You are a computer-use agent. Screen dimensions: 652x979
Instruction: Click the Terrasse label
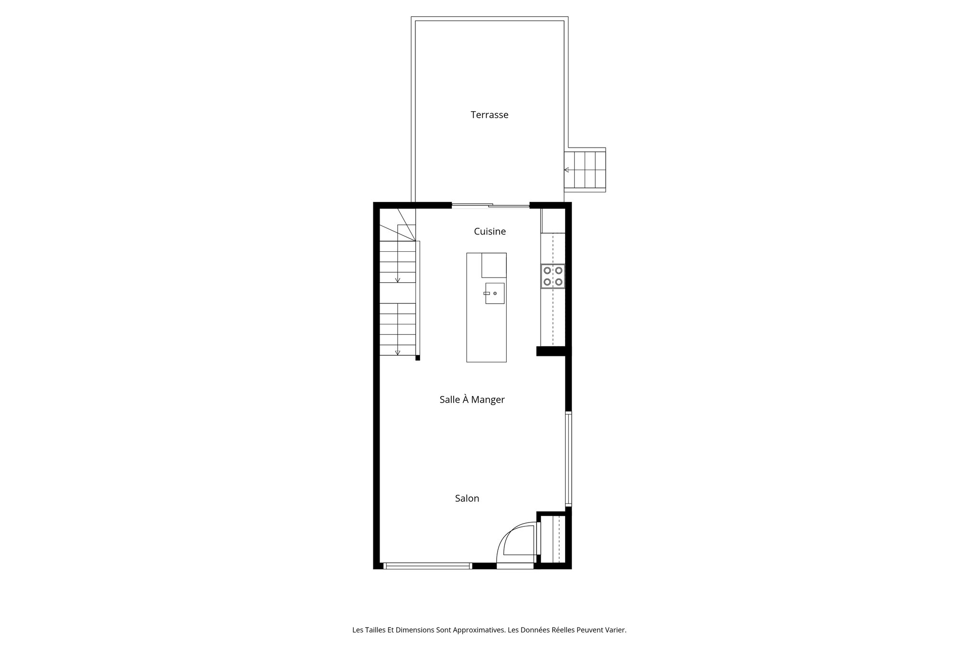489,115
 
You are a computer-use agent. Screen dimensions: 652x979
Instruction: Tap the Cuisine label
489,231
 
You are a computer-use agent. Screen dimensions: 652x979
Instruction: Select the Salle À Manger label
472,399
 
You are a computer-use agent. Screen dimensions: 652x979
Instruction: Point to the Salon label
467,498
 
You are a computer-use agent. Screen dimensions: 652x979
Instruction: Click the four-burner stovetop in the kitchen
553,276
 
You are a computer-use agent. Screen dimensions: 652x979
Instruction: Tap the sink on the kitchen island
495,293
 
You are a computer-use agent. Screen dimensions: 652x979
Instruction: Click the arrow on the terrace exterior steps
566,170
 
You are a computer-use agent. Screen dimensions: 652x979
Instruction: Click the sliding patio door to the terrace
490,206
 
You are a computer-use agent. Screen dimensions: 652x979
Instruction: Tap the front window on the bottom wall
428,566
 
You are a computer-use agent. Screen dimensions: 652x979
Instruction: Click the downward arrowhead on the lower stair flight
397,353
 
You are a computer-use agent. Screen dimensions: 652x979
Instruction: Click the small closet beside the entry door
553,540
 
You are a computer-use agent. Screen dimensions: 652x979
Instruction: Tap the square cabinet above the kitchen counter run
553,221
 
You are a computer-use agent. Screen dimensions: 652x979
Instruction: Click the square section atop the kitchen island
494,265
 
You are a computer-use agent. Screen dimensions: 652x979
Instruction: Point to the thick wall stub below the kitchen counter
553,351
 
